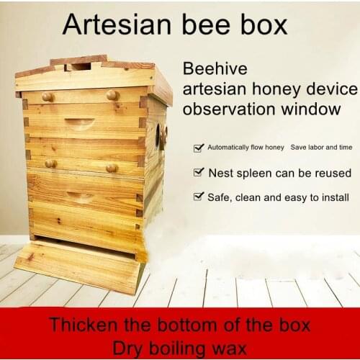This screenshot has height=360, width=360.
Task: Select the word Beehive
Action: click(x=215, y=70)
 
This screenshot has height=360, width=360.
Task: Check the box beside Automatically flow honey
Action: click(x=198, y=148)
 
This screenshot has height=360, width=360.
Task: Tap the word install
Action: click(x=333, y=197)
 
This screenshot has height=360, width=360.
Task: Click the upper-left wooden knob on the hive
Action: click(x=48, y=96)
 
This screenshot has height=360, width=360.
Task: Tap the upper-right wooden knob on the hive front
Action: click(x=112, y=94)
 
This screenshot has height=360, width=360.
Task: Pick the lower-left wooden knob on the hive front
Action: click(x=50, y=163)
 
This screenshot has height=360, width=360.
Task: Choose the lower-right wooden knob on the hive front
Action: click(x=112, y=167)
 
